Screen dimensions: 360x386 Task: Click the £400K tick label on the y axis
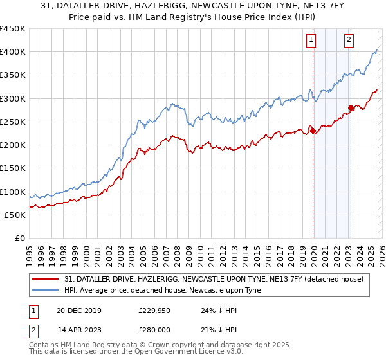[x=13, y=52]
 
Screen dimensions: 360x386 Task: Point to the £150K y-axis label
[x=13, y=168]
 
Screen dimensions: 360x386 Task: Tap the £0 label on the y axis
[x=19, y=239]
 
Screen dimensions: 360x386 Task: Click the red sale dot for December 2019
[x=313, y=131]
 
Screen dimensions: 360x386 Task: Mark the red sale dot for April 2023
[x=351, y=108]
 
